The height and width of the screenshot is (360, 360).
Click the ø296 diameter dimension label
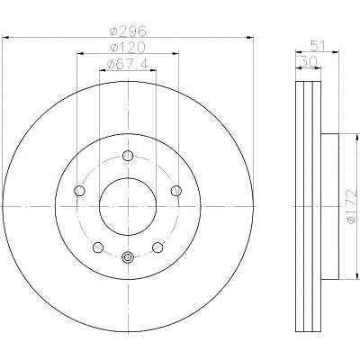tap(128, 31)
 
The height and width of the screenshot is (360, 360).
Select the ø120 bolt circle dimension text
tap(128, 47)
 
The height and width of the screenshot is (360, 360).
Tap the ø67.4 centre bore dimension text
tap(128, 64)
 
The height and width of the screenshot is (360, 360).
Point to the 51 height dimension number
tap(318, 46)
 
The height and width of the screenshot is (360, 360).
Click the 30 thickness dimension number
tap(309, 62)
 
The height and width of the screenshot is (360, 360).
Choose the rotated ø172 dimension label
tap(352, 206)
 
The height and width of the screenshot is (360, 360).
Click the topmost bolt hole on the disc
tap(128, 156)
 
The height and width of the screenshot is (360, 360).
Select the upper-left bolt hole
tap(79, 191)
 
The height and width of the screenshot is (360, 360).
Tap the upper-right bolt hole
tap(176, 190)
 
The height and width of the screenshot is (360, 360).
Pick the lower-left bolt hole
tap(98, 247)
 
